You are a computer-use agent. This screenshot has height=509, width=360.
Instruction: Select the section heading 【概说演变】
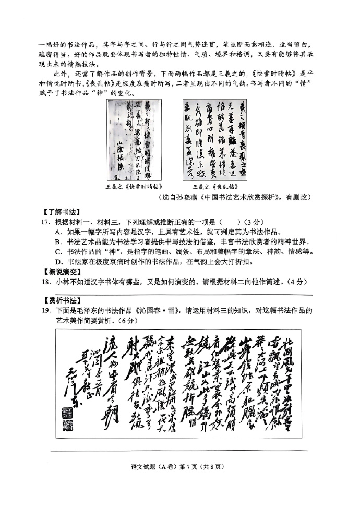62,272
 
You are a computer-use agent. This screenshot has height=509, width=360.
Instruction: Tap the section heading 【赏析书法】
62,300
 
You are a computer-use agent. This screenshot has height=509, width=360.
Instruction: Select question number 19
46,311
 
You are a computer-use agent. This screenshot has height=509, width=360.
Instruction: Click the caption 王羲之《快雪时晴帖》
134,186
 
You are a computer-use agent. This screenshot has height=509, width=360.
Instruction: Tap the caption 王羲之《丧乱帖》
214,186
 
